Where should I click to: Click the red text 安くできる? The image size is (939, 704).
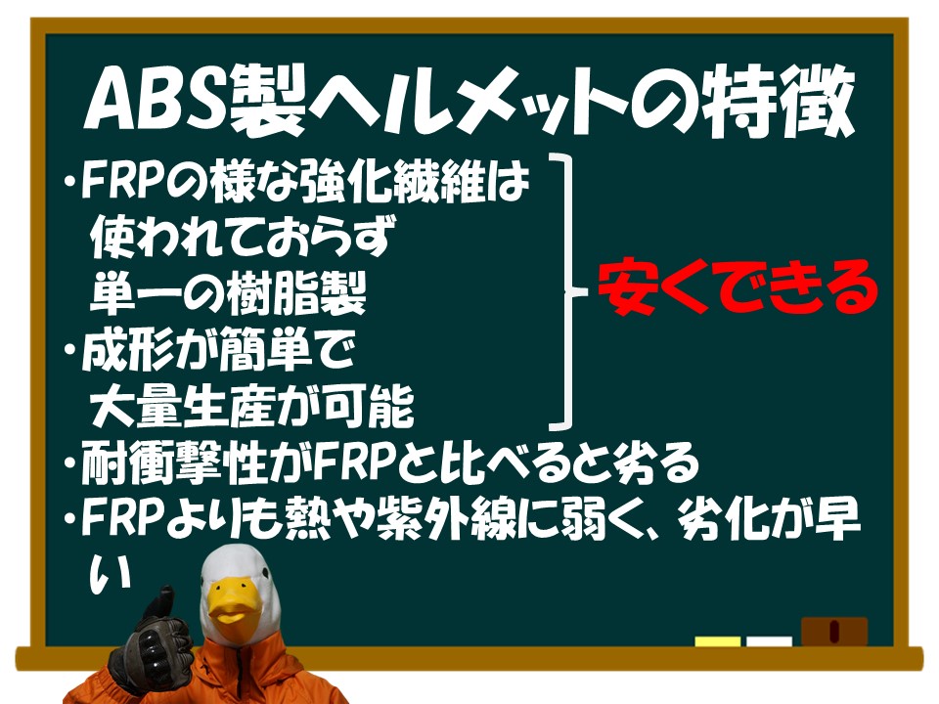coord(738,286)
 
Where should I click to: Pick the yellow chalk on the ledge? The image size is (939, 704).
coord(717,641)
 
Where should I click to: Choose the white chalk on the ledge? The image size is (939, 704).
coord(770,641)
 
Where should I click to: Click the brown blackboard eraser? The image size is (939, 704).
coord(834,632)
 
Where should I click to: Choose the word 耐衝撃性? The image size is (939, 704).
coord(174,462)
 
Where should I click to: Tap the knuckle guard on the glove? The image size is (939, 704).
coord(150,649)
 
